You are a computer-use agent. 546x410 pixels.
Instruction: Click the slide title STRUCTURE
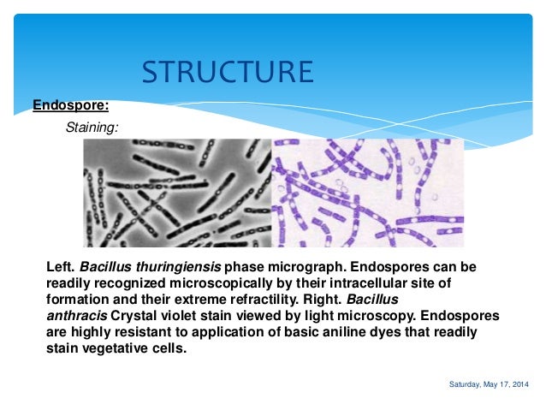pyautogui.click(x=227, y=72)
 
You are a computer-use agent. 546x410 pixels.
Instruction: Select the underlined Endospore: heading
pyautogui.click(x=70, y=106)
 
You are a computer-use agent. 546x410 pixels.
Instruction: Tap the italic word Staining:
pyautogui.click(x=92, y=127)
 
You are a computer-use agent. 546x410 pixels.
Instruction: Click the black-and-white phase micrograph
pyautogui.click(x=177, y=193)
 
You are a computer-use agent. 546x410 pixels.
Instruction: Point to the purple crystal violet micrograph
pyautogui.click(x=367, y=193)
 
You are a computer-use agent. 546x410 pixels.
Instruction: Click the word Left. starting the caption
pyautogui.click(x=59, y=267)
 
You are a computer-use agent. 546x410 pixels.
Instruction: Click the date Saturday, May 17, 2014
pyautogui.click(x=489, y=384)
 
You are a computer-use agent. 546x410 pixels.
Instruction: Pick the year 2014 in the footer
pyautogui.click(x=519, y=384)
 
